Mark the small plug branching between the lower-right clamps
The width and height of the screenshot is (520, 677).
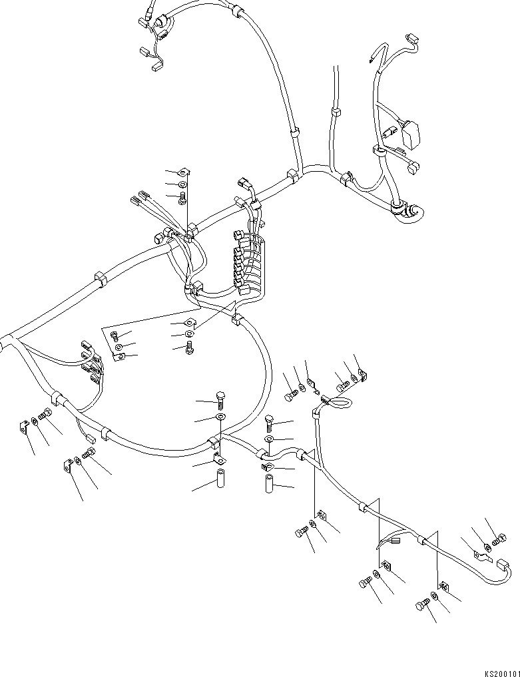pyautogui.click(x=395, y=541)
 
